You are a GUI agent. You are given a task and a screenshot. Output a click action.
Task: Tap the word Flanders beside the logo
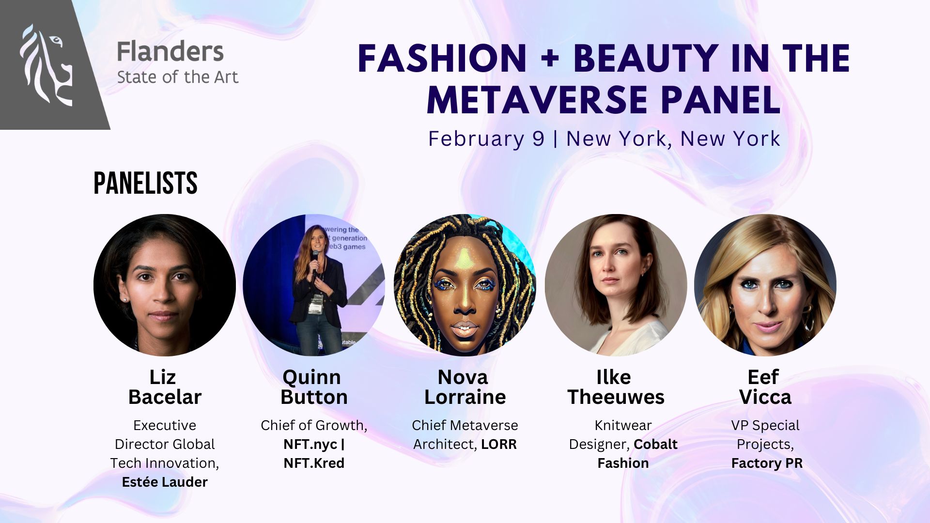coord(170,52)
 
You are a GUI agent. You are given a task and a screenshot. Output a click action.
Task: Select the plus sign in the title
coord(550,59)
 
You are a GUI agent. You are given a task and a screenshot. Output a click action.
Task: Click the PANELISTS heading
coord(145,183)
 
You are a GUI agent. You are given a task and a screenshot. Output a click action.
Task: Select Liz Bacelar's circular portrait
coord(165,285)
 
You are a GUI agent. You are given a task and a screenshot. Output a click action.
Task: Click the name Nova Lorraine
coord(465,387)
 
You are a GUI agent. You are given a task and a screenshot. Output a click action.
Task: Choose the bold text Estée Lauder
coord(165,482)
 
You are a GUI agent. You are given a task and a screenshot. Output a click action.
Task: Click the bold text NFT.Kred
coord(314,463)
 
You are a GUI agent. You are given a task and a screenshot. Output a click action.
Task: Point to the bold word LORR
coord(498,444)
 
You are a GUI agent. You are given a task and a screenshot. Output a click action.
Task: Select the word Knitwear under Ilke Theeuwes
coord(623,425)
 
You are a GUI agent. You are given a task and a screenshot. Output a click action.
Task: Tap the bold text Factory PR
coord(767,463)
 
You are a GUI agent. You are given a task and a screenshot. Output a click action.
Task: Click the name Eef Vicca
coord(765,387)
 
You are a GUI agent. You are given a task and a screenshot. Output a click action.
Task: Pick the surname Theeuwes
coord(616,397)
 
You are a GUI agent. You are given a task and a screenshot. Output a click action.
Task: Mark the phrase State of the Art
coord(178,77)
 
